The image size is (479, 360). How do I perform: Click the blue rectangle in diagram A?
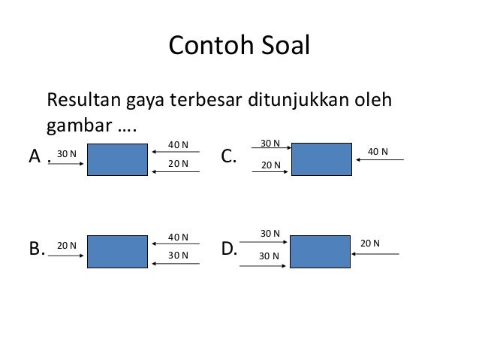pyautogui.click(x=117, y=159)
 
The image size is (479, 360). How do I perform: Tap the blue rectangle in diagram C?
pyautogui.click(x=322, y=159)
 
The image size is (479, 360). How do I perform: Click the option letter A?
pyautogui.click(x=35, y=157)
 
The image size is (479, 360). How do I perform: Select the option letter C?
pyautogui.click(x=229, y=157)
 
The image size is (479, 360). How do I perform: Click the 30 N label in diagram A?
pyautogui.click(x=67, y=153)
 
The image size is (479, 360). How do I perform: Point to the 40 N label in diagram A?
pyautogui.click(x=178, y=144)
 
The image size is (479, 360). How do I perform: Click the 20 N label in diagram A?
pyautogui.click(x=178, y=163)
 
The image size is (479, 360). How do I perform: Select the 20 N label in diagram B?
pyautogui.click(x=68, y=245)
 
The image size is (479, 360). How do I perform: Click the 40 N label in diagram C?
pyautogui.click(x=378, y=152)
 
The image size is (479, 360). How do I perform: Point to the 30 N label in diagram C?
pyautogui.click(x=270, y=143)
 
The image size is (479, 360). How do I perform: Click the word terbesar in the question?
pyautogui.click(x=212, y=100)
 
